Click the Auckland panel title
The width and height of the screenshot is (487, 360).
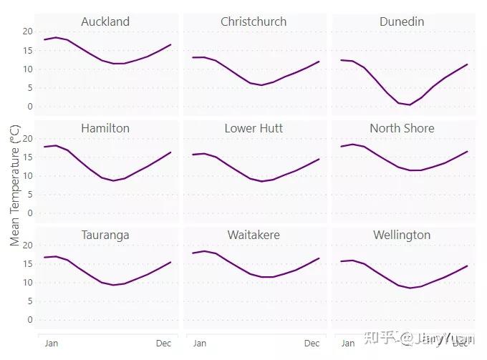point(105,21)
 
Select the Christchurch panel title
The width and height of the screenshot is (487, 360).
point(254,21)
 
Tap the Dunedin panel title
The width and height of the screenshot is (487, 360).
point(402,21)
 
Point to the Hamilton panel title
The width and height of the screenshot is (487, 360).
point(105,128)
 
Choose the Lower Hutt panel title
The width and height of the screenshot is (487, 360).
point(254,128)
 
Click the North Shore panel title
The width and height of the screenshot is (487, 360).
point(402,128)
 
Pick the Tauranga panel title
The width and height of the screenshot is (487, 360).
point(105,235)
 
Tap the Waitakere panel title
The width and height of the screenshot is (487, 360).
point(254,235)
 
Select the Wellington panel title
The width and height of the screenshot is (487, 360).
point(402,235)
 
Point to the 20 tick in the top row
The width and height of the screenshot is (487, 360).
point(28,31)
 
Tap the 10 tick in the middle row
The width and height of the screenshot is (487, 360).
point(28,176)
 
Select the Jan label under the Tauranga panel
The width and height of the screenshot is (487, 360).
point(52,344)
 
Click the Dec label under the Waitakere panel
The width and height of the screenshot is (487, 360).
point(312,344)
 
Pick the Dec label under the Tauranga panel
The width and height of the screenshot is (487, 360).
point(164,344)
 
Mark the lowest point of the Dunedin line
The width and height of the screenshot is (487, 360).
point(409,105)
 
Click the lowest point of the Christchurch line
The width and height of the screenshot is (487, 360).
point(261,85)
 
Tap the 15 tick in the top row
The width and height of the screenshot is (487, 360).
point(28,50)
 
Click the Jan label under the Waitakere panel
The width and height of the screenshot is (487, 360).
point(200,344)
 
